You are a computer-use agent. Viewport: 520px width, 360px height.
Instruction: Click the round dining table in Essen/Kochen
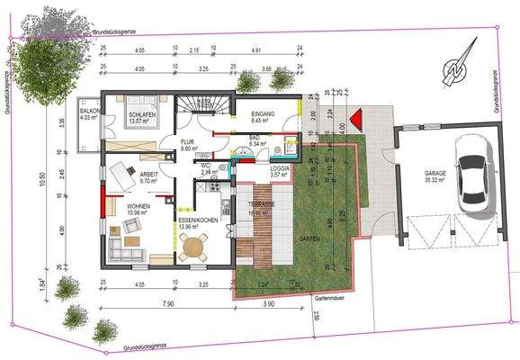(x=193, y=248)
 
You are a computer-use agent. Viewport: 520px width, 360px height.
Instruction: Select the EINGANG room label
(x=264, y=111)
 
